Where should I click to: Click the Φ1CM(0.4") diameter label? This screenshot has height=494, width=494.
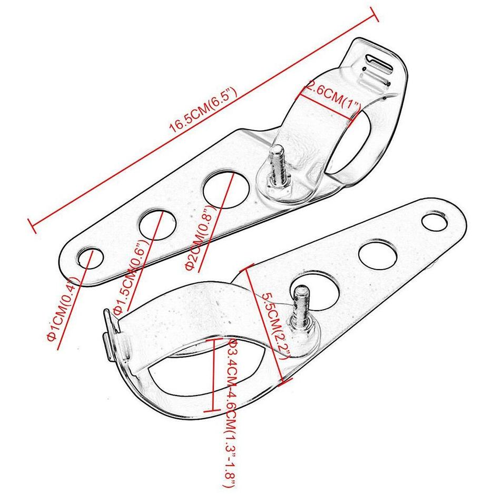[x=62, y=309]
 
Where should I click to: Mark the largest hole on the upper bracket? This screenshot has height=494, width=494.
[x=226, y=189]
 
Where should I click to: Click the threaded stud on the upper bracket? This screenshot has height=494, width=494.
[x=278, y=166]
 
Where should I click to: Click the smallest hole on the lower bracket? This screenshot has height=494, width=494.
[x=435, y=222]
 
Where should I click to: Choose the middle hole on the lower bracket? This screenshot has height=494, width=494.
[x=378, y=254]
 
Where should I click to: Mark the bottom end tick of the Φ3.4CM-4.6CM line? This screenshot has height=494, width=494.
[x=212, y=411]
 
